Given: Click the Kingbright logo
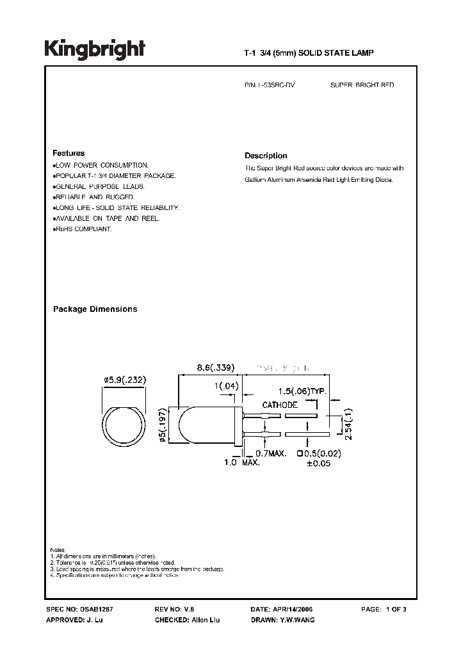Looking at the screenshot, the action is (95, 49).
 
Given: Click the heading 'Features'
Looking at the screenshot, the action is (69, 154).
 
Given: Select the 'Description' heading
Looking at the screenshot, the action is (266, 156).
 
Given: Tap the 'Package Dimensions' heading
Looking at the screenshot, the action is (95, 309).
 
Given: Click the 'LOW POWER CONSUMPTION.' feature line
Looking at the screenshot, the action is (102, 165).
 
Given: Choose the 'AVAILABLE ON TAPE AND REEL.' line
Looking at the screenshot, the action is (106, 218).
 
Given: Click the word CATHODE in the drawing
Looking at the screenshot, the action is (279, 405).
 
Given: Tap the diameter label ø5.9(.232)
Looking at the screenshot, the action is (125, 380).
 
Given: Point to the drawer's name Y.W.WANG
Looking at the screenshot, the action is (296, 620).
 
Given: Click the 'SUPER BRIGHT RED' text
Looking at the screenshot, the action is (362, 85).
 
